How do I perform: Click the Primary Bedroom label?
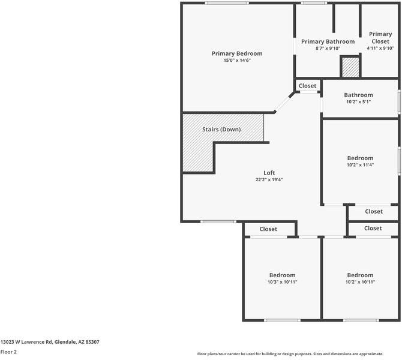tap(237, 53)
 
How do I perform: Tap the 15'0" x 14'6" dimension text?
tap(237, 61)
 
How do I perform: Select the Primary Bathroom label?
tap(328, 41)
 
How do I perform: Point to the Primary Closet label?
tap(380, 38)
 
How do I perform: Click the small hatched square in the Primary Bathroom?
tap(349, 67)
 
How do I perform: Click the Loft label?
tap(269, 173)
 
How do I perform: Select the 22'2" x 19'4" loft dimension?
tap(269, 179)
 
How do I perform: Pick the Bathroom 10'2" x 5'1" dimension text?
tap(358, 101)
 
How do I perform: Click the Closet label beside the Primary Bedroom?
tap(307, 86)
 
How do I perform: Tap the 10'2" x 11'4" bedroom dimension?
tap(360, 165)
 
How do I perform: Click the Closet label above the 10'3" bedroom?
tap(268, 229)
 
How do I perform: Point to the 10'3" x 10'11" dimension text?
tap(282, 282)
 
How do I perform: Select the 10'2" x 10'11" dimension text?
tap(360, 282)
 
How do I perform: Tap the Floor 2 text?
tap(8, 352)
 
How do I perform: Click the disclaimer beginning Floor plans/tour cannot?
tap(298, 354)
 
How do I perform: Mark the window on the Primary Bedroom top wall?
tap(226, 3)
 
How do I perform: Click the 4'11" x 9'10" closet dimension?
tap(380, 49)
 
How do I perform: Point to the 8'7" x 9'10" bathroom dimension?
tap(328, 49)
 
